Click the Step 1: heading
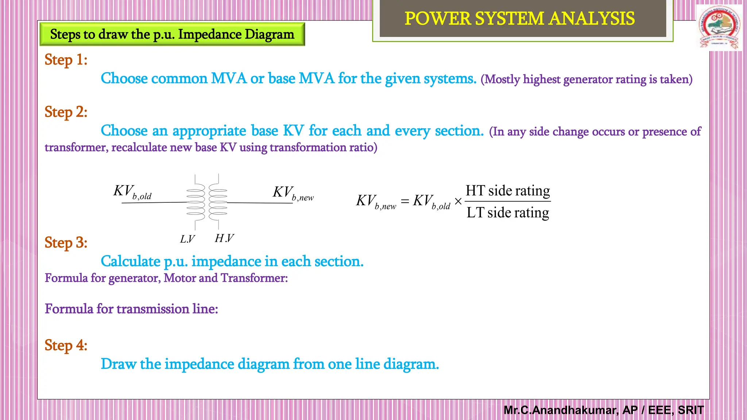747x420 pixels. point(66,60)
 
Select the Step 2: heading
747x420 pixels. point(66,112)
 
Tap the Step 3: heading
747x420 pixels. point(66,243)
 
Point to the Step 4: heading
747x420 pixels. point(66,345)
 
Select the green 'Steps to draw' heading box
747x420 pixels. point(172,34)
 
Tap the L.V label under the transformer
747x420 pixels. point(187,239)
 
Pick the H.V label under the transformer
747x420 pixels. point(224,238)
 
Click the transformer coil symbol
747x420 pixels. point(207,202)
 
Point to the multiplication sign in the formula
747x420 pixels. point(458,201)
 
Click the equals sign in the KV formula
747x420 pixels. point(405,201)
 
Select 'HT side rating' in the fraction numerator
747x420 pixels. point(508,191)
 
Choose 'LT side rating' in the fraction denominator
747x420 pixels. point(508,213)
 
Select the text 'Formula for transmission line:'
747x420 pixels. point(131,309)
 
